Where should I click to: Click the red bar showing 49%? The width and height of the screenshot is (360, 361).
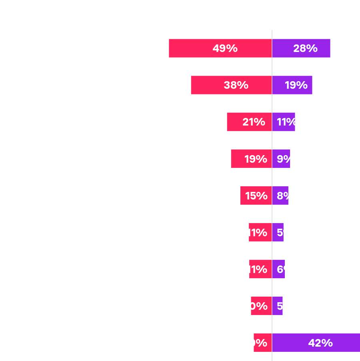tap(220, 48)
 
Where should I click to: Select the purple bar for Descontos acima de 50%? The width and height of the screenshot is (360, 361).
tap(302, 48)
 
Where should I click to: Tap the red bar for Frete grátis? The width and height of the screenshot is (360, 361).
tap(231, 85)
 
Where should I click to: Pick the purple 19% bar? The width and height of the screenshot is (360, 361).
tap(292, 85)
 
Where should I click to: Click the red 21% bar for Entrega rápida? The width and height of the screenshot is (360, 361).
tap(249, 122)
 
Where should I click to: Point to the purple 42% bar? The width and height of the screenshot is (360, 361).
tap(316, 343)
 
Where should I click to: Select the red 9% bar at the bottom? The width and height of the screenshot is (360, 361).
tap(262, 343)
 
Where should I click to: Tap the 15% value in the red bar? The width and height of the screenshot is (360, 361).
tap(256, 196)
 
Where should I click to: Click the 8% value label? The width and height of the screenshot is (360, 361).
tap(286, 196)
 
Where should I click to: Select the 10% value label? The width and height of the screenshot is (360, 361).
tap(256, 306)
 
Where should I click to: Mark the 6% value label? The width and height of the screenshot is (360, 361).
tap(286, 269)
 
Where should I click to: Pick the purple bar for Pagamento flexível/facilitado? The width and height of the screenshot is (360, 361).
tap(281, 159)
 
